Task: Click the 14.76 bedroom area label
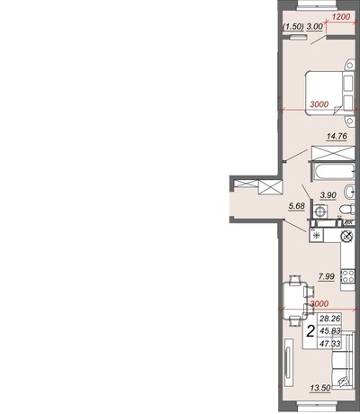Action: coord(337,136)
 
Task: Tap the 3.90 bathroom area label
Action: coord(328,195)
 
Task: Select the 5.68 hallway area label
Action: coord(296,206)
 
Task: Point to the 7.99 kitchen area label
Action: coord(327,276)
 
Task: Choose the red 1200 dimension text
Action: coord(341,17)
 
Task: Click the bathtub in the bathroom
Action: coord(335,172)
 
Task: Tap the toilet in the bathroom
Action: coord(347,209)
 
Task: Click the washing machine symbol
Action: coord(320,211)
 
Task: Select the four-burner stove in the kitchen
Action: coord(348,276)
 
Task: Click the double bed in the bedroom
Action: coord(329,93)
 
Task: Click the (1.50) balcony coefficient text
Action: coord(293,27)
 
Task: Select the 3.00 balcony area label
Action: coord(315,27)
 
